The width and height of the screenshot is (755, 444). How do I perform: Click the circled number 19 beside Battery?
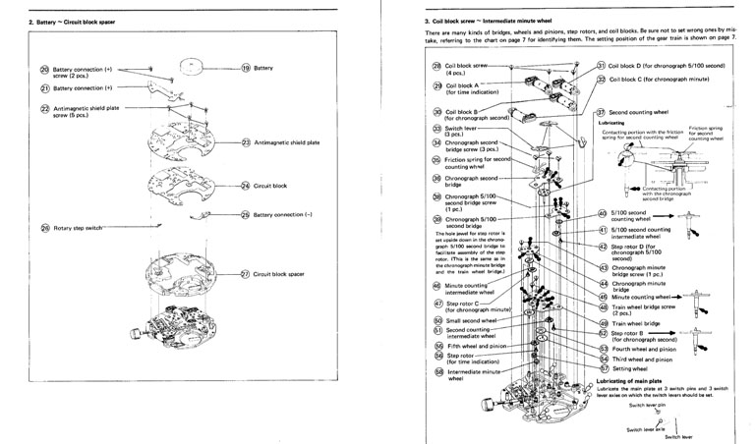[248, 68]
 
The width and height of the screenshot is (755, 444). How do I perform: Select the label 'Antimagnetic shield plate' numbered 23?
[287, 143]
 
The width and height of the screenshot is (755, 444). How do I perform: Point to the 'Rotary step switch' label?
[76, 228]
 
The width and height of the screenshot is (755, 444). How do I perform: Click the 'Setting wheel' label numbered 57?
[631, 368]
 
